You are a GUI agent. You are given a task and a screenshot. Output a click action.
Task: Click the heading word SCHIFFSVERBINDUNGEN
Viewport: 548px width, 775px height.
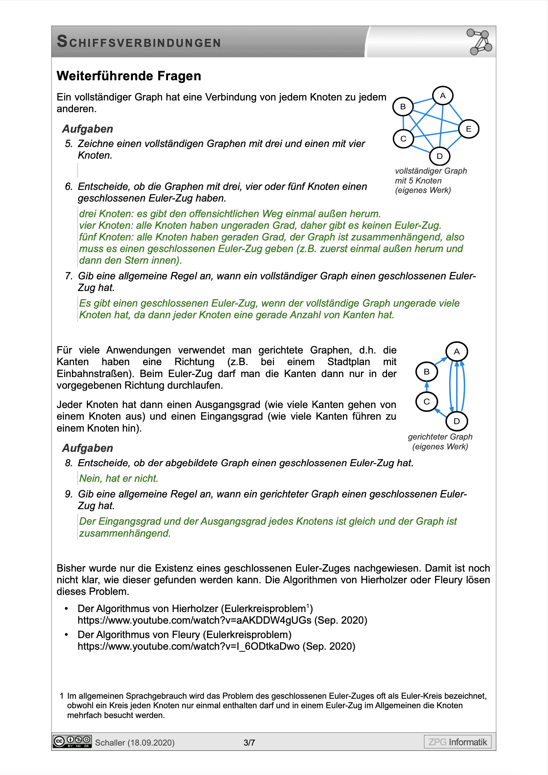click(x=139, y=42)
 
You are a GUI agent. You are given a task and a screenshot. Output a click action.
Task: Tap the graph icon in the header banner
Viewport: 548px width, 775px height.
click(x=479, y=42)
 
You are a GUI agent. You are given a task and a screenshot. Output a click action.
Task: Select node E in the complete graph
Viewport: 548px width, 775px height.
click(x=469, y=129)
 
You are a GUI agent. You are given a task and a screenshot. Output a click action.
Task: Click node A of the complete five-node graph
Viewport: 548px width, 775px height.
click(x=443, y=96)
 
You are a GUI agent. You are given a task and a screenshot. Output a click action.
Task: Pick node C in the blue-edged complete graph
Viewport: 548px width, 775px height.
click(x=403, y=139)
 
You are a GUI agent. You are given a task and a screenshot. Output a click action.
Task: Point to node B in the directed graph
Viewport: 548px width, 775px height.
click(x=426, y=372)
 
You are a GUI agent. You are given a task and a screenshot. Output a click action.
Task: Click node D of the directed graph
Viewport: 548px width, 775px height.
click(x=456, y=421)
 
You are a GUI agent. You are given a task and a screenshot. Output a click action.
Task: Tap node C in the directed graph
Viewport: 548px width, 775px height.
click(x=426, y=402)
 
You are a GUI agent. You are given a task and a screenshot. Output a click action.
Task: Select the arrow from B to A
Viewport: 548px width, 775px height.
click(x=441, y=361)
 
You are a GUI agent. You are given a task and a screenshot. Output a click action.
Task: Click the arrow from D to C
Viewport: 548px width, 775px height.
click(x=441, y=413)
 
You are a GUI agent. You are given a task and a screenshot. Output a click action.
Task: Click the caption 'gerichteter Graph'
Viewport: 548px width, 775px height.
click(x=440, y=437)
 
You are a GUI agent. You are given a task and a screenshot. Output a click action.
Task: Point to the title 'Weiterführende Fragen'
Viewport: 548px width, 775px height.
click(x=129, y=76)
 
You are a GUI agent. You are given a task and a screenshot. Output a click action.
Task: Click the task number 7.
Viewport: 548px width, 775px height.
click(x=69, y=276)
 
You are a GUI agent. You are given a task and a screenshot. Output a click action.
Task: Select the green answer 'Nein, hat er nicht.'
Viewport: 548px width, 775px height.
click(x=118, y=478)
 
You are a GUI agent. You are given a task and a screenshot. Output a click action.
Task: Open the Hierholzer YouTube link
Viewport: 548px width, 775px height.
click(x=194, y=620)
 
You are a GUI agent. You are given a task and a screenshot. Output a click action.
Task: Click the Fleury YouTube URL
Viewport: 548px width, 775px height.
click(x=188, y=646)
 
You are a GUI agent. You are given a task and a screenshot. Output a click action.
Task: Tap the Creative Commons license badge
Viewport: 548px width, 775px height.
click(x=72, y=741)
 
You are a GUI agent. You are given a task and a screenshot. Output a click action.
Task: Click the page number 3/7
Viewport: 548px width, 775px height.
click(x=250, y=743)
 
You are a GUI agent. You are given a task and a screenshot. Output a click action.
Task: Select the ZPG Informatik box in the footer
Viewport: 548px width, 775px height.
click(x=458, y=742)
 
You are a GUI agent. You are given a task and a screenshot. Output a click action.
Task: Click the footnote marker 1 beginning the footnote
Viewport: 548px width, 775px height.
click(x=62, y=696)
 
